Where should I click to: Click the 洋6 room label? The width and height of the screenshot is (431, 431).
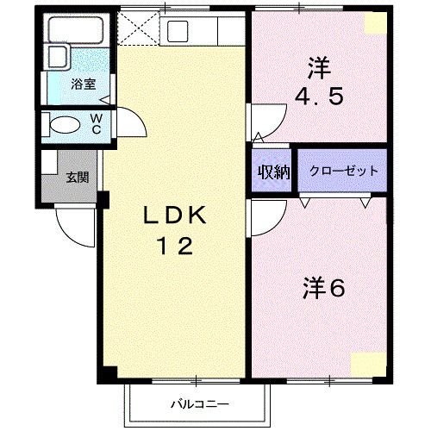[323, 289]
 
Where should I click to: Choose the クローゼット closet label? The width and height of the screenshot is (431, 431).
[343, 171]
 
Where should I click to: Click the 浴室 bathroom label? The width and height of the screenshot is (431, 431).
[83, 84]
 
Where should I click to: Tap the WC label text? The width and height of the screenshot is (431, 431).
[97, 123]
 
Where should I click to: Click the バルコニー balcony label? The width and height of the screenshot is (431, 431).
[198, 403]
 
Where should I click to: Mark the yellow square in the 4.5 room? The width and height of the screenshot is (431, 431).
[376, 22]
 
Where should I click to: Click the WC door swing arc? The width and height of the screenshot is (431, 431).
[128, 121]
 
